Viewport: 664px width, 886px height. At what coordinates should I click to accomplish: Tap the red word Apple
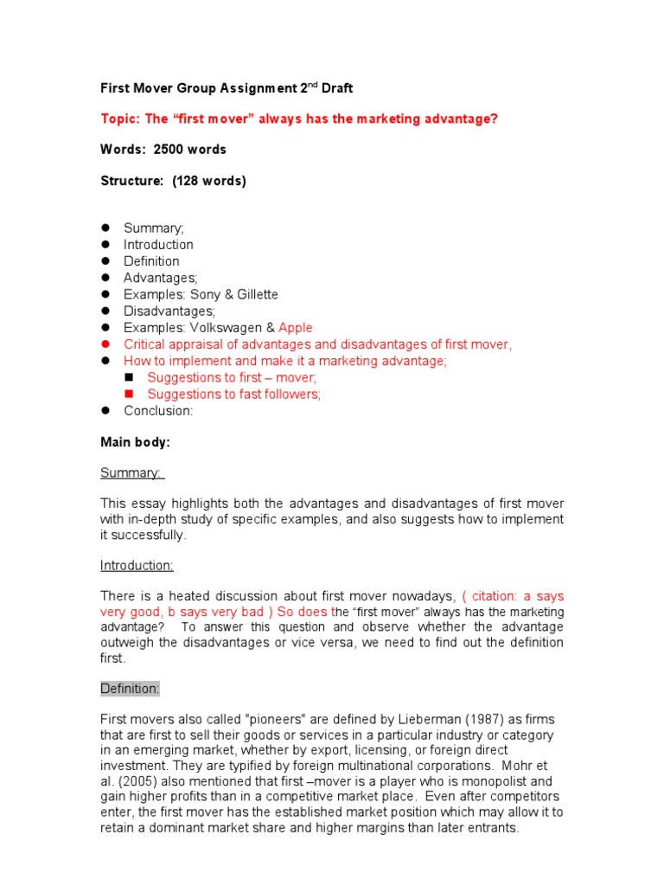click(x=296, y=328)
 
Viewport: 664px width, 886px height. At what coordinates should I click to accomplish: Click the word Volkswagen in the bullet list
click(x=226, y=328)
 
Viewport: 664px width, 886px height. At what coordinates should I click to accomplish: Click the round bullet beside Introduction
click(x=105, y=245)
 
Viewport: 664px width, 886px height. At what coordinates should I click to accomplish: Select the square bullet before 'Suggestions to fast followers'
click(x=130, y=395)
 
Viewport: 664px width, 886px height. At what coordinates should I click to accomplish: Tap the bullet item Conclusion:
click(x=158, y=411)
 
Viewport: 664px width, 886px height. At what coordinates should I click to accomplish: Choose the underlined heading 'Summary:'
click(x=132, y=473)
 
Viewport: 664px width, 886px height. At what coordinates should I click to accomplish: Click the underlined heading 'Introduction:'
click(x=137, y=566)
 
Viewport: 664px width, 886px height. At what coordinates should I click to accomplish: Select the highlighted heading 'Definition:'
click(x=130, y=689)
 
